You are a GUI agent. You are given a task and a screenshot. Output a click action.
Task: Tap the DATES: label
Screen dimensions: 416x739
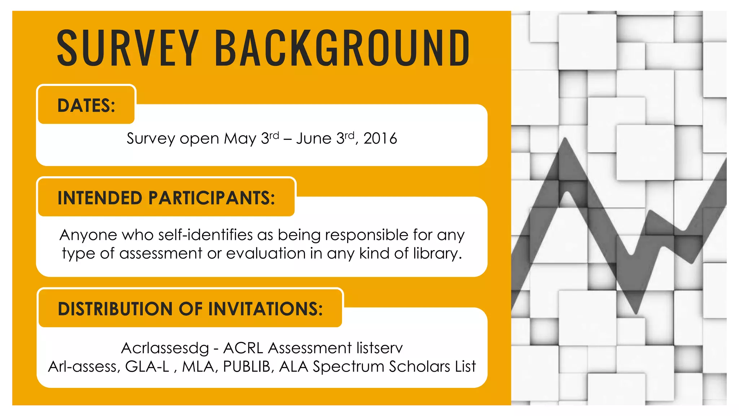[86, 105]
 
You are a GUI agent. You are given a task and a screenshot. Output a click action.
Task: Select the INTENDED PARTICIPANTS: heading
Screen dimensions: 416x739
[166, 198]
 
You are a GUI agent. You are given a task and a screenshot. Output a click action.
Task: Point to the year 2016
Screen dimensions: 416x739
[380, 139]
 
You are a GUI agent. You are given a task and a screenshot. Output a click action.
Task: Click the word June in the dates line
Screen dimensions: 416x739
[314, 139]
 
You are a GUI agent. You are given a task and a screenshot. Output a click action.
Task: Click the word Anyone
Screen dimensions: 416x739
[88, 235]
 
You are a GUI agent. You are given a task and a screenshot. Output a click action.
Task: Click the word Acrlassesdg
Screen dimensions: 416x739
[165, 348]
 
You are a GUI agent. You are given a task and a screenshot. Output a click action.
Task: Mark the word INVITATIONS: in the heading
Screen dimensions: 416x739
[265, 309]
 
